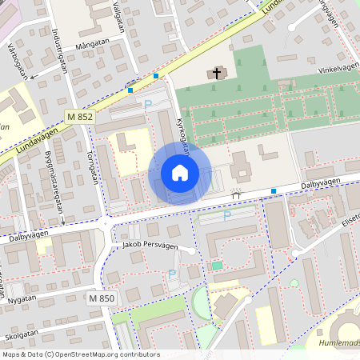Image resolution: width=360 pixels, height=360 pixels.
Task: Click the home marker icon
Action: [180, 173]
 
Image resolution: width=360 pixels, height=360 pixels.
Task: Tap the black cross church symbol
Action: [215, 74]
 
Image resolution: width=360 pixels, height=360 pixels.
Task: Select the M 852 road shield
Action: [81, 117]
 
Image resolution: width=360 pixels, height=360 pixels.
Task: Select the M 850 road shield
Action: [102, 298]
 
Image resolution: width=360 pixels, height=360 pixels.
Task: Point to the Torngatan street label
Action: [88, 169]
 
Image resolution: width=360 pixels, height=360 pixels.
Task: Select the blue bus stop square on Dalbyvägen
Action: [274, 190]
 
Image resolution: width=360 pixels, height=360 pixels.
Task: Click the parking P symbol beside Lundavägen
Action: [146, 104]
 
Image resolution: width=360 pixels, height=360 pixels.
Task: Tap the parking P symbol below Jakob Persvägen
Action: [171, 274]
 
